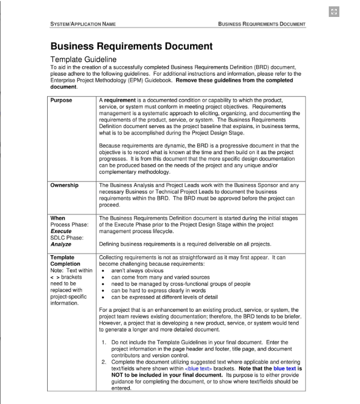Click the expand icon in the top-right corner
click(x=334, y=12)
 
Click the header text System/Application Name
click(x=83, y=24)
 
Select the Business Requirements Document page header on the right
click(x=262, y=24)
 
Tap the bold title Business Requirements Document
click(x=131, y=47)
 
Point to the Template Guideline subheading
click(x=83, y=60)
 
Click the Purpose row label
click(x=61, y=100)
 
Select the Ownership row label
click(x=64, y=185)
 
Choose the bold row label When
click(x=58, y=218)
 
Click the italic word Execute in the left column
click(x=61, y=231)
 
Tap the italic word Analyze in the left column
click(x=61, y=245)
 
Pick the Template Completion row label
click(x=65, y=261)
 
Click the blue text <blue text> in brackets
click(x=199, y=369)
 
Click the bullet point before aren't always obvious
click(x=103, y=271)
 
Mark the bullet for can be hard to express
click(x=103, y=291)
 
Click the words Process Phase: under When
click(x=69, y=225)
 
